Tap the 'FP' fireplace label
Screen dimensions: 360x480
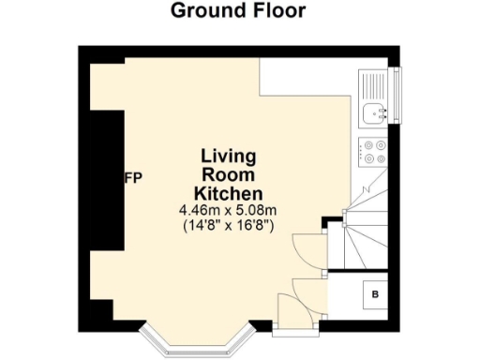133,178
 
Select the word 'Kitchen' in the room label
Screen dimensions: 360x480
228,194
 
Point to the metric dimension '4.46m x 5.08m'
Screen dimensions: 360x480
229,210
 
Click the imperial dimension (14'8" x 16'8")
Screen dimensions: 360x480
229,226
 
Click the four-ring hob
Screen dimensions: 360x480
375,150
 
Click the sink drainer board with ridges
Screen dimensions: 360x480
373,84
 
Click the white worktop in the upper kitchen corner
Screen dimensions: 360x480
309,80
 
